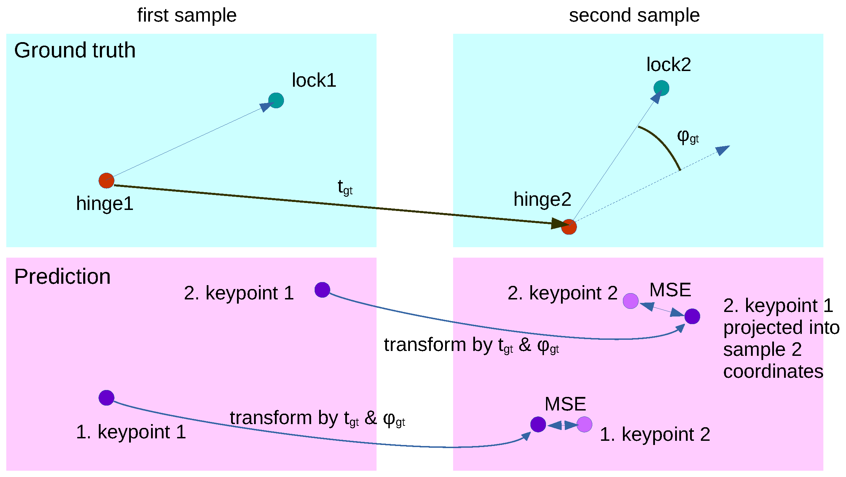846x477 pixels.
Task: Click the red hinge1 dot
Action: (x=106, y=181)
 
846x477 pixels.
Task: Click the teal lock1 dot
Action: (x=276, y=101)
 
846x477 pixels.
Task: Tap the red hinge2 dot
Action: (x=569, y=227)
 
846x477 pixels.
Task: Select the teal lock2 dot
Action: (x=661, y=88)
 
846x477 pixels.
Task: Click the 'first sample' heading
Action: (x=187, y=16)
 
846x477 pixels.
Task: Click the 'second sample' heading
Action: (x=634, y=16)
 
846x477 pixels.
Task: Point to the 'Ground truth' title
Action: (x=75, y=50)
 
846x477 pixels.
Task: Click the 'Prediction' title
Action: (x=62, y=277)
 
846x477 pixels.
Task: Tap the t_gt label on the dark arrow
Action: (x=345, y=188)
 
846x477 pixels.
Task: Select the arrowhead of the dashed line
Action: (x=723, y=150)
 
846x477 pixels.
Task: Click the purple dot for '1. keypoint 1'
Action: (x=106, y=398)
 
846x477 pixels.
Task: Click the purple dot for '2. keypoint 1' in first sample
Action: (x=322, y=290)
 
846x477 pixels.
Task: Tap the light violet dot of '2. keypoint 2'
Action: (x=631, y=301)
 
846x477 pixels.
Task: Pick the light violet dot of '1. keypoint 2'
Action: (x=584, y=424)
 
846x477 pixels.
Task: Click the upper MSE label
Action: (x=670, y=290)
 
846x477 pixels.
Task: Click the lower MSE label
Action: (x=565, y=404)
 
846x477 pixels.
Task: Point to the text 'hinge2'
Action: (x=542, y=200)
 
